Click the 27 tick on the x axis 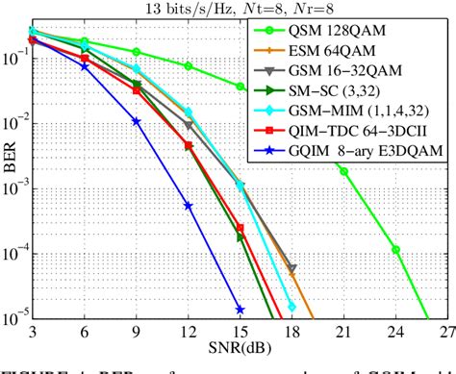point(446,330)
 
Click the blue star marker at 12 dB point(189,206)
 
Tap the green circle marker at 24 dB point(395,249)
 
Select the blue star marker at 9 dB point(137,121)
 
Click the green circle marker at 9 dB point(137,52)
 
